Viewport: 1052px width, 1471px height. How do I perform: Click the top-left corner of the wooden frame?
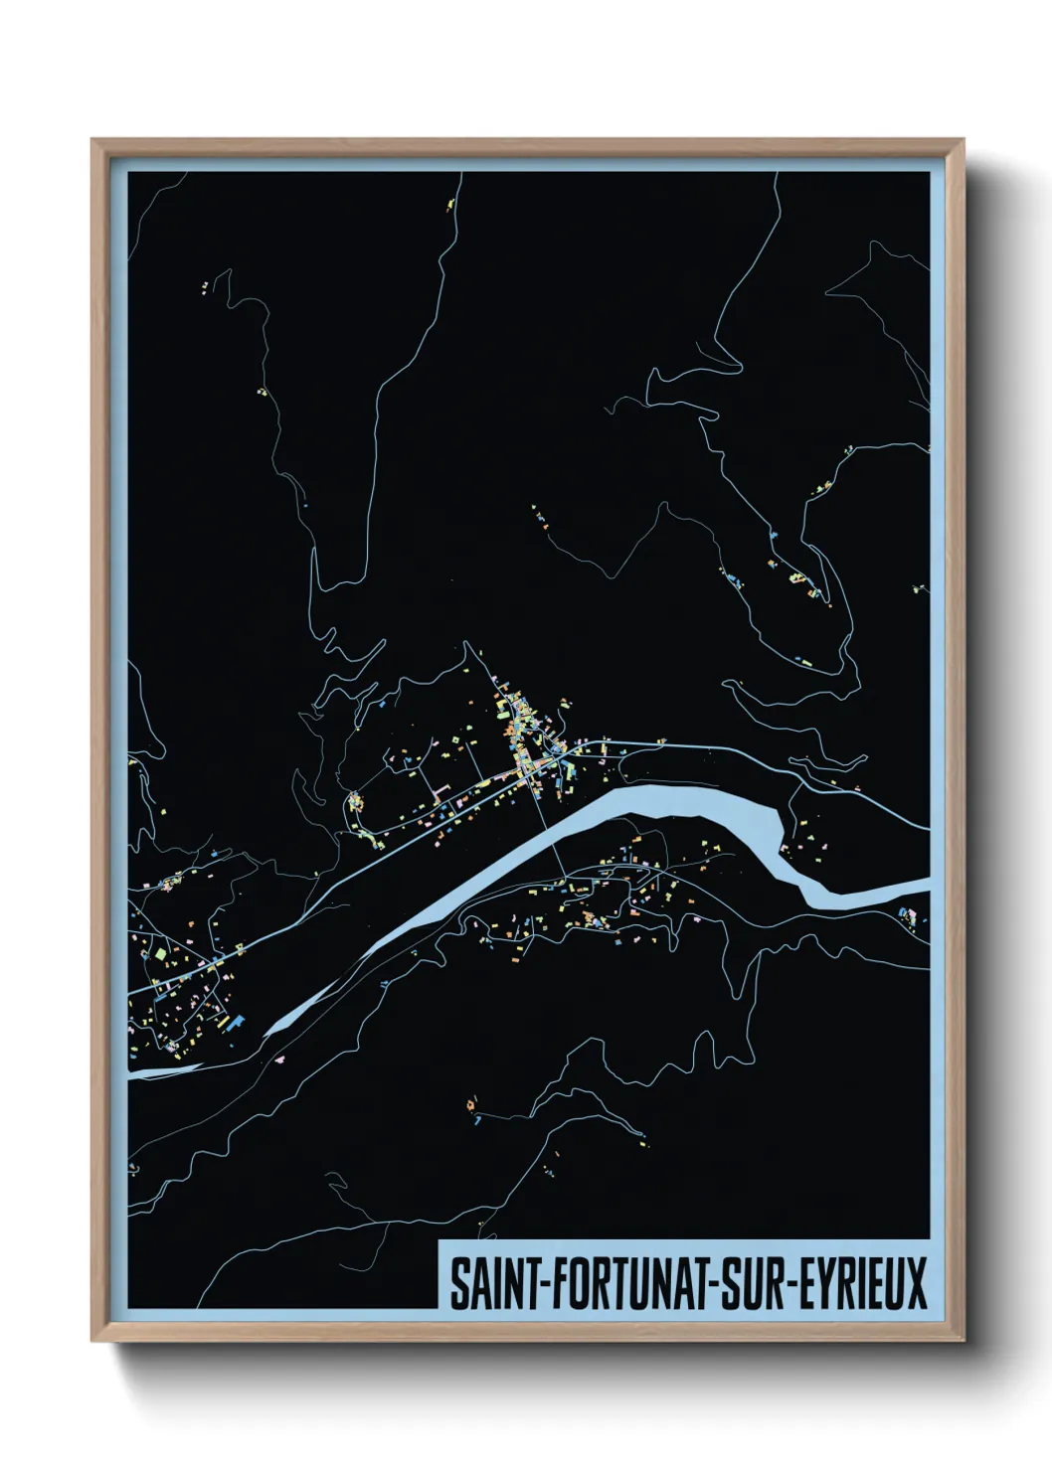click(92, 140)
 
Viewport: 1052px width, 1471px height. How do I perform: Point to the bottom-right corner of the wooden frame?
click(964, 1341)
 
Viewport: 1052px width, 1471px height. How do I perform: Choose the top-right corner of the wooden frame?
click(964, 140)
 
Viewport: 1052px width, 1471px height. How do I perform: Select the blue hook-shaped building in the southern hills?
click(477, 1121)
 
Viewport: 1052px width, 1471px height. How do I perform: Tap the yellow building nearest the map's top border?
click(448, 204)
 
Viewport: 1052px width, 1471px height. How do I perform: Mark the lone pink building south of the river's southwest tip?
click(281, 1060)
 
